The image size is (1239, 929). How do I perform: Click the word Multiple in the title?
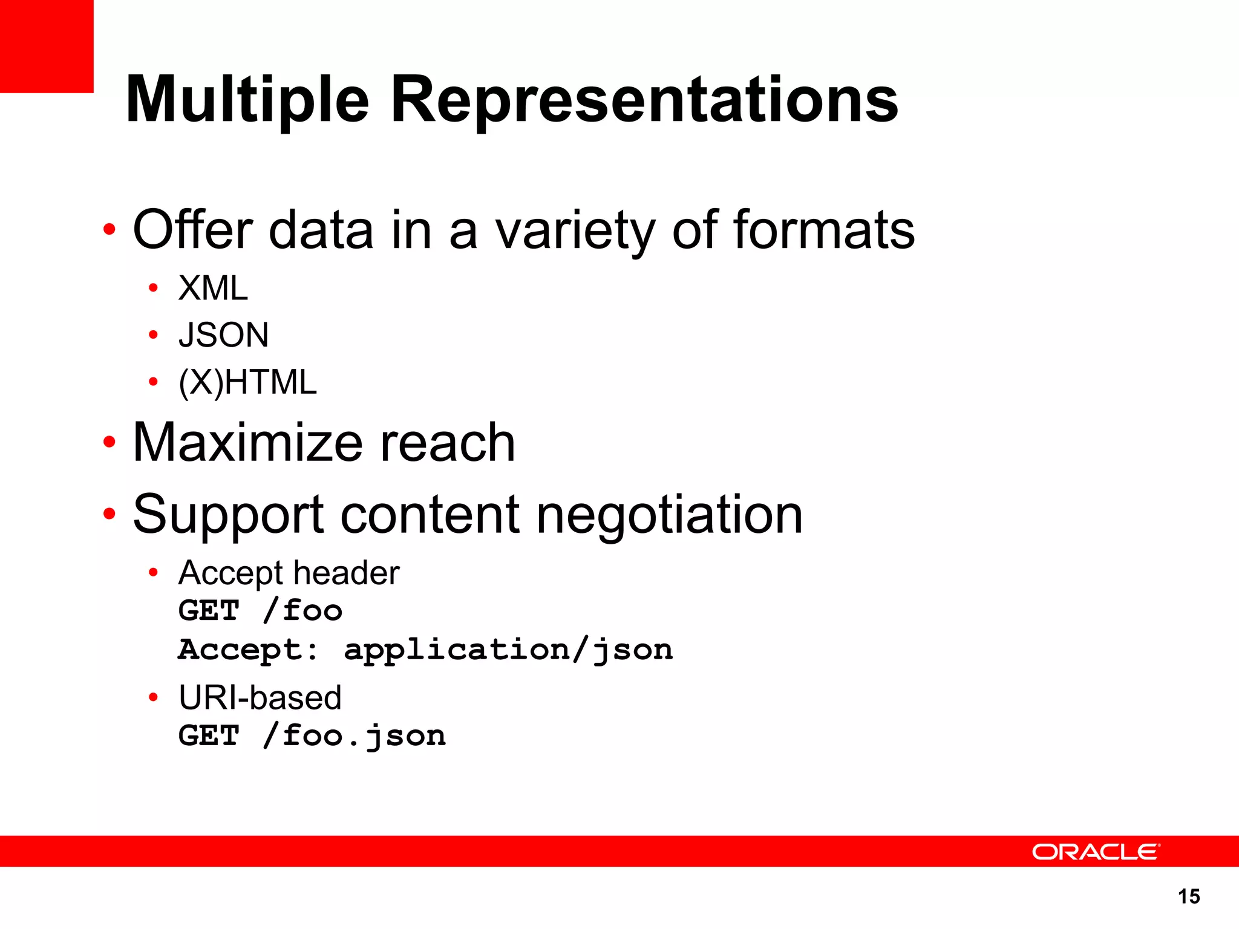[247, 100]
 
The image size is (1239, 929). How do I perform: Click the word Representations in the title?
[645, 100]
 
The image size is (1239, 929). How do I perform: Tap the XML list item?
[213, 288]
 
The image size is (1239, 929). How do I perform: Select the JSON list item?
[223, 335]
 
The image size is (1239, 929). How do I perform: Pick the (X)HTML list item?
[247, 382]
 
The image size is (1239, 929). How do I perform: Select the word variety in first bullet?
[575, 230]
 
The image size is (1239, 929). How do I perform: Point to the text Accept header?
[289, 573]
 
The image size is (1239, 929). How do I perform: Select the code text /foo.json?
[355, 736]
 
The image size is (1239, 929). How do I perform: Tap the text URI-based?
[260, 698]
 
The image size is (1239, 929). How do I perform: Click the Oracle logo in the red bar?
[1096, 852]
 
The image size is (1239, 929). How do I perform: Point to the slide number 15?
[1189, 896]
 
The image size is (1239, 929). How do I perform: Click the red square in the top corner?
[47, 46]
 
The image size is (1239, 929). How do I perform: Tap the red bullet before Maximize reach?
[109, 442]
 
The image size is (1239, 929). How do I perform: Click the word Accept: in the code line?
[247, 650]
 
